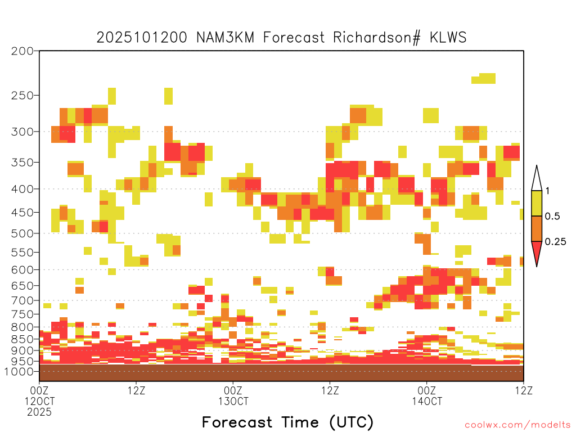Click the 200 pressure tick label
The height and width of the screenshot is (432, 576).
tap(22, 51)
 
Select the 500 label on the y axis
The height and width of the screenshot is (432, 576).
tap(22, 233)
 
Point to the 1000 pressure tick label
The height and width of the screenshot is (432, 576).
tap(19, 371)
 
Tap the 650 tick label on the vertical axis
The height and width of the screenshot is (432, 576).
tap(22, 285)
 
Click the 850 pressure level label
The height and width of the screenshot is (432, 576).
tap(22, 339)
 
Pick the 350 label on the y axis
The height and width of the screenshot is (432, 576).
tap(22, 163)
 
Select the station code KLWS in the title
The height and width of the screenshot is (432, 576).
tap(448, 38)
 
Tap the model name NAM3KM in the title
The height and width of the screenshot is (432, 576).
tap(225, 38)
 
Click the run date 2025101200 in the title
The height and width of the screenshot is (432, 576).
tap(142, 38)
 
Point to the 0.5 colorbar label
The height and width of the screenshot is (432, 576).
tap(552, 216)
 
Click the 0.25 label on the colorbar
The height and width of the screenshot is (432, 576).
tap(555, 241)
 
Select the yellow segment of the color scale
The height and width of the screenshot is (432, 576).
tap(537, 203)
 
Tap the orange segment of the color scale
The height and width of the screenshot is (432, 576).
tap(537, 228)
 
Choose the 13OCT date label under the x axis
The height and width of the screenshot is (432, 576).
tap(233, 401)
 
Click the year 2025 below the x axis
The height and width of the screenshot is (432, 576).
tap(39, 412)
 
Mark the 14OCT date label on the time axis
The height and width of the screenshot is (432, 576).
tap(427, 401)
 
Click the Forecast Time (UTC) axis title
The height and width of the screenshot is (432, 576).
tap(287, 422)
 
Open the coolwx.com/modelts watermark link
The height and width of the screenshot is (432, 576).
tap(518, 425)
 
